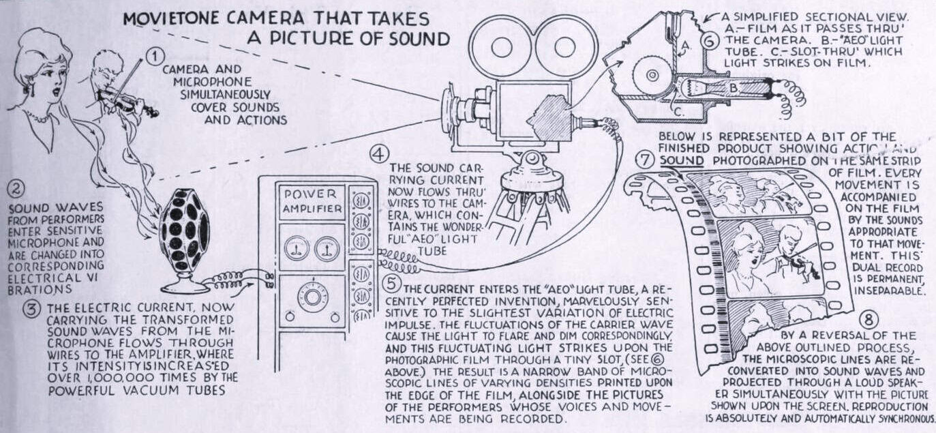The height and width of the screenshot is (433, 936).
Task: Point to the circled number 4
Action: (x=380, y=154)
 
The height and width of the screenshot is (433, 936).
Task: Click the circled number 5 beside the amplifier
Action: (x=390, y=282)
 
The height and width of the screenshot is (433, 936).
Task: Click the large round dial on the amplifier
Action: (x=313, y=297)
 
